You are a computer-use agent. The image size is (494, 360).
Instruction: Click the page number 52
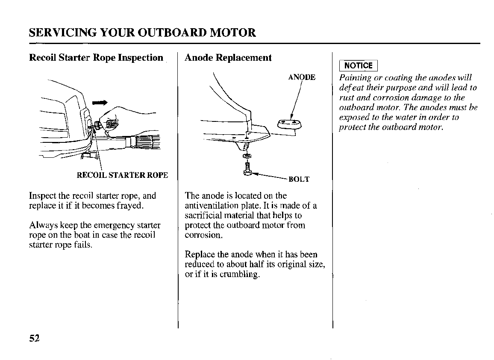click(34, 338)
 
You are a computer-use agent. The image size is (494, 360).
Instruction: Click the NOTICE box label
click(358, 65)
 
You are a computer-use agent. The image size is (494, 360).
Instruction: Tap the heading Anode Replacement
click(228, 58)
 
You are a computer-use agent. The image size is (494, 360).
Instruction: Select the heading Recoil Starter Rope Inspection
click(96, 58)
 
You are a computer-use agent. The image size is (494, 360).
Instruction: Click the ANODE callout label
click(302, 77)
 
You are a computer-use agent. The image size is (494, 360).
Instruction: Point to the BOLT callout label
click(299, 179)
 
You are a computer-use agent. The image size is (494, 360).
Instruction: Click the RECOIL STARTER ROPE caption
click(122, 175)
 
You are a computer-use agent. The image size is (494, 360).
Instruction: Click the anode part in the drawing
click(289, 124)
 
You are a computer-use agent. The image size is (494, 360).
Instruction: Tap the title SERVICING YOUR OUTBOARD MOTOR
click(142, 32)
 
